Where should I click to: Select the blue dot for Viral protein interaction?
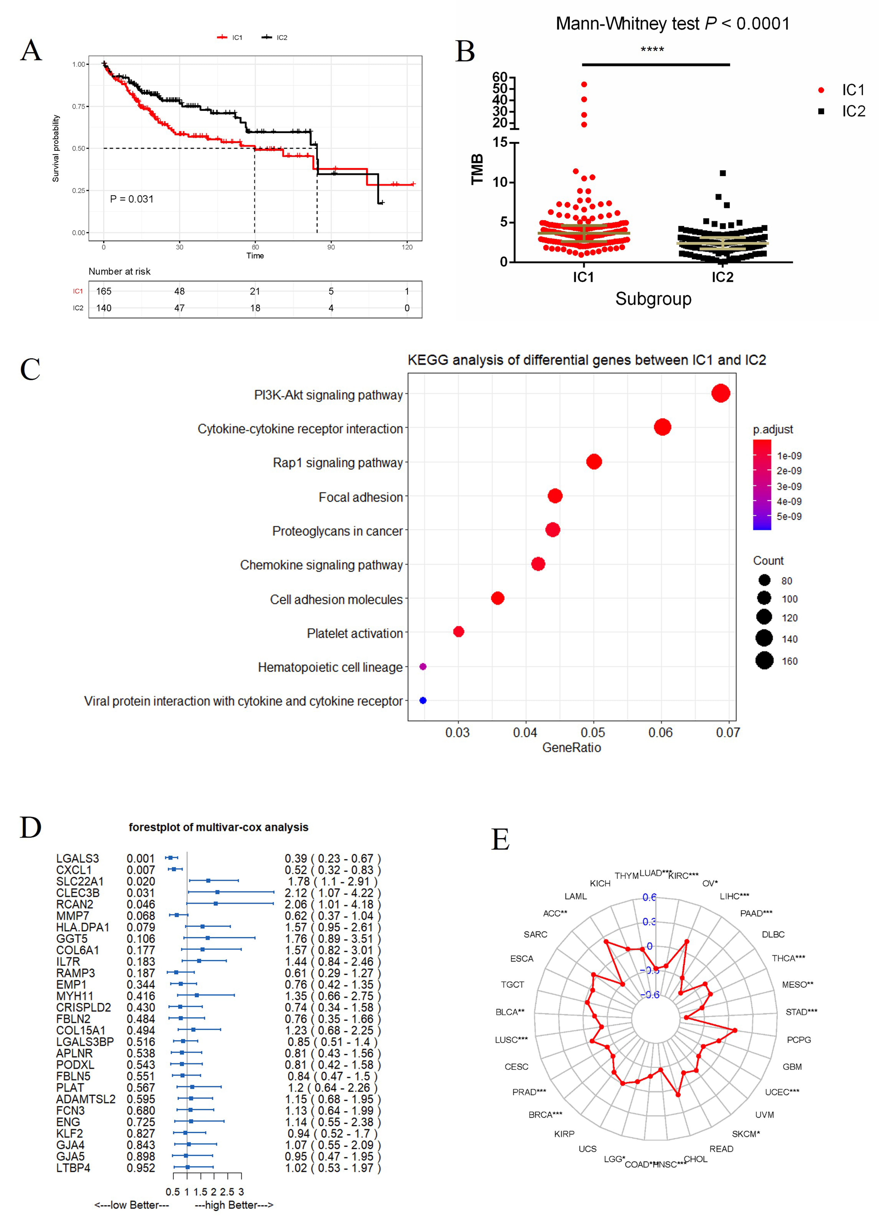click(423, 700)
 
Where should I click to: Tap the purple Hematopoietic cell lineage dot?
click(423, 666)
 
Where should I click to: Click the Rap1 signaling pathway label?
click(338, 463)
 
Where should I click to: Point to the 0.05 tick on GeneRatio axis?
click(593, 732)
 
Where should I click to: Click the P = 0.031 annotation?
click(132, 199)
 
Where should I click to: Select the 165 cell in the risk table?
click(104, 291)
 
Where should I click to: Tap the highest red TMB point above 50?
click(584, 84)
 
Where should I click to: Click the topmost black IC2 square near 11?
click(723, 173)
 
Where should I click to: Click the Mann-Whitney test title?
click(673, 24)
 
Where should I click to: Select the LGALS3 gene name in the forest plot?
click(77, 858)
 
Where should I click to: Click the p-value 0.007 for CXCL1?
click(141, 870)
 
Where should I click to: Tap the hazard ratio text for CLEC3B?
click(332, 893)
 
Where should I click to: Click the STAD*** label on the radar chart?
click(801, 1012)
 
